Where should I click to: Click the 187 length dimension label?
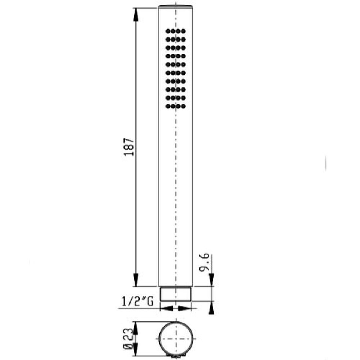(x=129, y=147)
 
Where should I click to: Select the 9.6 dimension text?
(x=204, y=262)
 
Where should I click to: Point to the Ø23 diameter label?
(x=128, y=339)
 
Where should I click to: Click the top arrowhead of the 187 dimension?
(x=136, y=15)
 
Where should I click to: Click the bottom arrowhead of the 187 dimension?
(x=136, y=280)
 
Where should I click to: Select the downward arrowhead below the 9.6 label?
(x=211, y=280)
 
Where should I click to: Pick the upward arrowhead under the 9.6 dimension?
(x=211, y=307)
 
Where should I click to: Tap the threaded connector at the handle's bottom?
(x=175, y=294)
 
